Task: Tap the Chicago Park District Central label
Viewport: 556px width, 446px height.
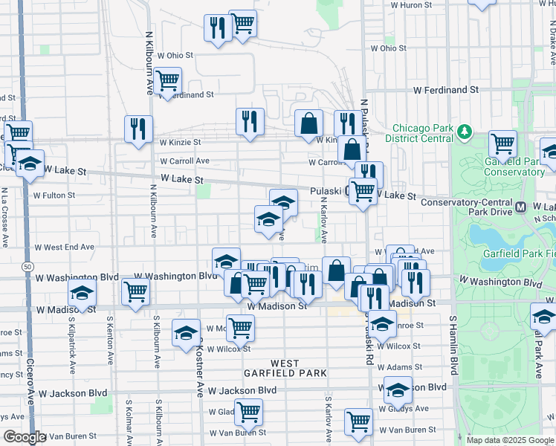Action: click(422, 132)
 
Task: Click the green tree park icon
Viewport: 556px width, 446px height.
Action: click(465, 132)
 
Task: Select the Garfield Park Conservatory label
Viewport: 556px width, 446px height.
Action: click(514, 167)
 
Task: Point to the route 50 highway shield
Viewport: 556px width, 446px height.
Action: click(27, 265)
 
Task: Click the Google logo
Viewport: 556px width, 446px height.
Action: click(25, 437)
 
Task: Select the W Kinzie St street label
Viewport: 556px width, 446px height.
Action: click(180, 142)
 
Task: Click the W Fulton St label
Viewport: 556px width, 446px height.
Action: click(54, 195)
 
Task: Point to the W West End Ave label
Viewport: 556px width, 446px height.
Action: click(64, 247)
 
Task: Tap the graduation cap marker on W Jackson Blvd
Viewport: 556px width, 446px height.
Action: click(398, 389)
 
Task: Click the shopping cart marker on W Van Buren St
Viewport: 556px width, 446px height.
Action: click(358, 420)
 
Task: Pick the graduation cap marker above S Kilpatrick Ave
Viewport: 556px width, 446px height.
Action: click(83, 291)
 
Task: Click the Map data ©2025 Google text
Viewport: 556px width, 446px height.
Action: click(510, 439)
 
